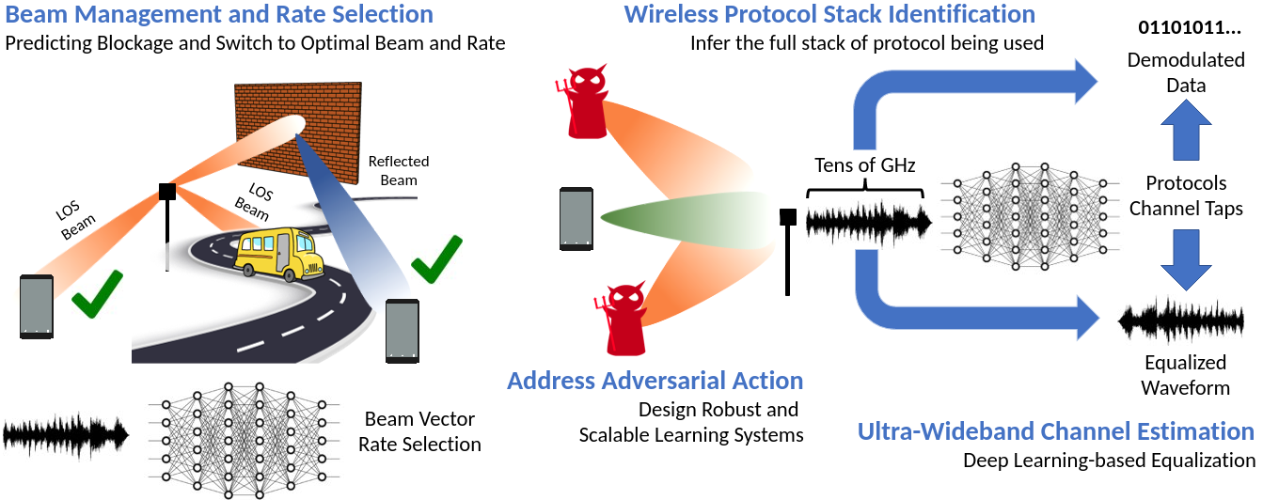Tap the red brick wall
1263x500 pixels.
click(298, 127)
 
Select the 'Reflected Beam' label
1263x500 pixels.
click(399, 170)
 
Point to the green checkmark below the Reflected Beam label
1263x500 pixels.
click(436, 258)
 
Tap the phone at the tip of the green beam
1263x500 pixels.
click(576, 219)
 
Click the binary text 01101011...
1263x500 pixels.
click(1189, 26)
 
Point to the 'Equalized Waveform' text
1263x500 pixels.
click(1185, 375)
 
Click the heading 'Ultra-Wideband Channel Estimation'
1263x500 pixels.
click(1055, 431)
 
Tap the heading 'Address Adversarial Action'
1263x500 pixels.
click(655, 381)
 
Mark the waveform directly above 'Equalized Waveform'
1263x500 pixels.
click(1185, 323)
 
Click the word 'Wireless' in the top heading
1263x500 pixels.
click(669, 14)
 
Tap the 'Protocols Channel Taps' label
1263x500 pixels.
click(1186, 195)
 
